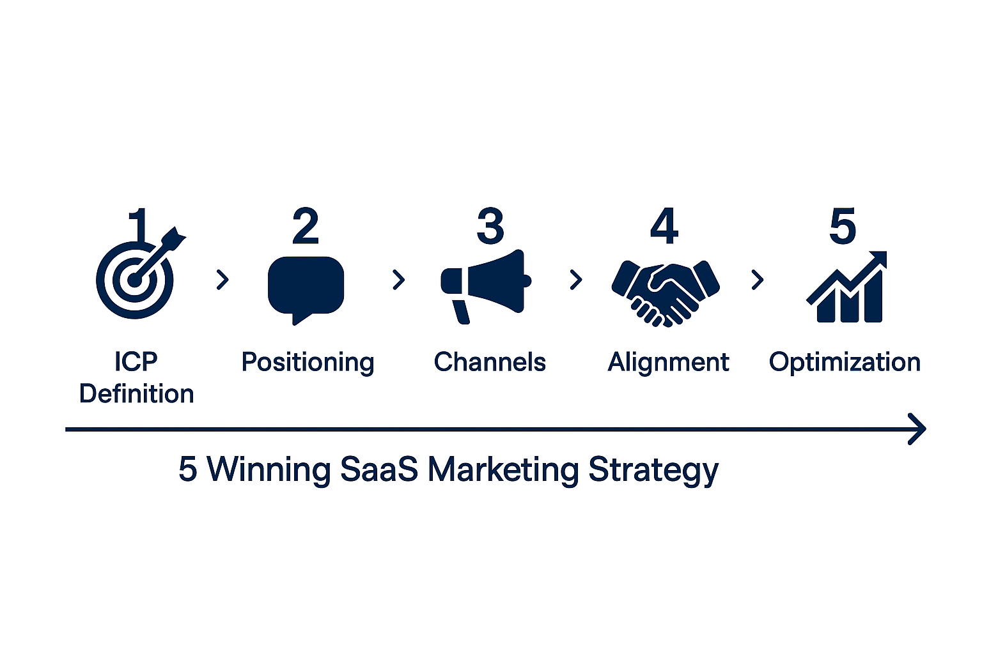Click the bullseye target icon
pyautogui.click(x=135, y=279)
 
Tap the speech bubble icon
pyautogui.click(x=306, y=285)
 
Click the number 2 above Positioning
pyautogui.click(x=306, y=226)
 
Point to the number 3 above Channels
pyautogui.click(x=490, y=226)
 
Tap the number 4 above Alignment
pyautogui.click(x=664, y=226)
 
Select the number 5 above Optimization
pyautogui.click(x=843, y=226)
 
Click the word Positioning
pyautogui.click(x=308, y=362)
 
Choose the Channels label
pyautogui.click(x=490, y=362)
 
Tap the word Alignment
pyautogui.click(x=668, y=362)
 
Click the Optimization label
pyautogui.click(x=845, y=362)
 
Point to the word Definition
pyautogui.click(x=136, y=394)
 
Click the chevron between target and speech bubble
pyautogui.click(x=222, y=280)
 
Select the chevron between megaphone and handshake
pyautogui.click(x=576, y=280)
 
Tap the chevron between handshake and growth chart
pyautogui.click(x=758, y=280)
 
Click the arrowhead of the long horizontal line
pyautogui.click(x=918, y=429)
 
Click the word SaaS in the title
pyautogui.click(x=378, y=469)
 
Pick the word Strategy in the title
pyautogui.click(x=653, y=470)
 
